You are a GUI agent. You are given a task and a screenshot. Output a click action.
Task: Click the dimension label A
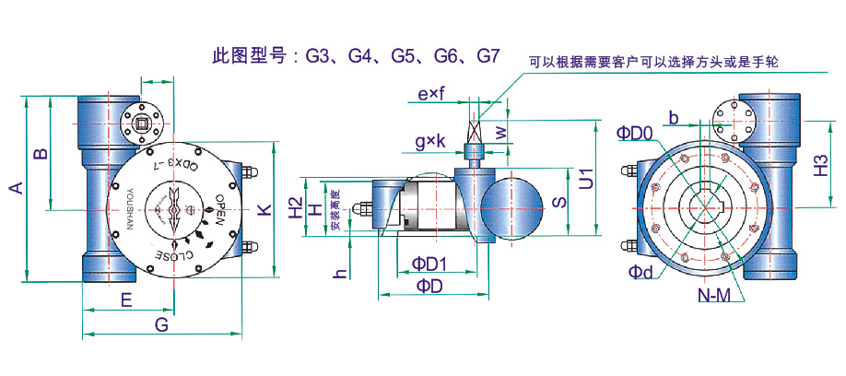pos(15,189)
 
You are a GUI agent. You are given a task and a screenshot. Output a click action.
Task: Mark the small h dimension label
pos(340,273)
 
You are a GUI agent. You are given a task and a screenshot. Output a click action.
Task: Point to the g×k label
pos(429,141)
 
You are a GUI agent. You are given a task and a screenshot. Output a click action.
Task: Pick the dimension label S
pos(558,202)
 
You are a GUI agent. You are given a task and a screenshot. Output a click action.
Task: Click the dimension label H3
pos(821,167)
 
